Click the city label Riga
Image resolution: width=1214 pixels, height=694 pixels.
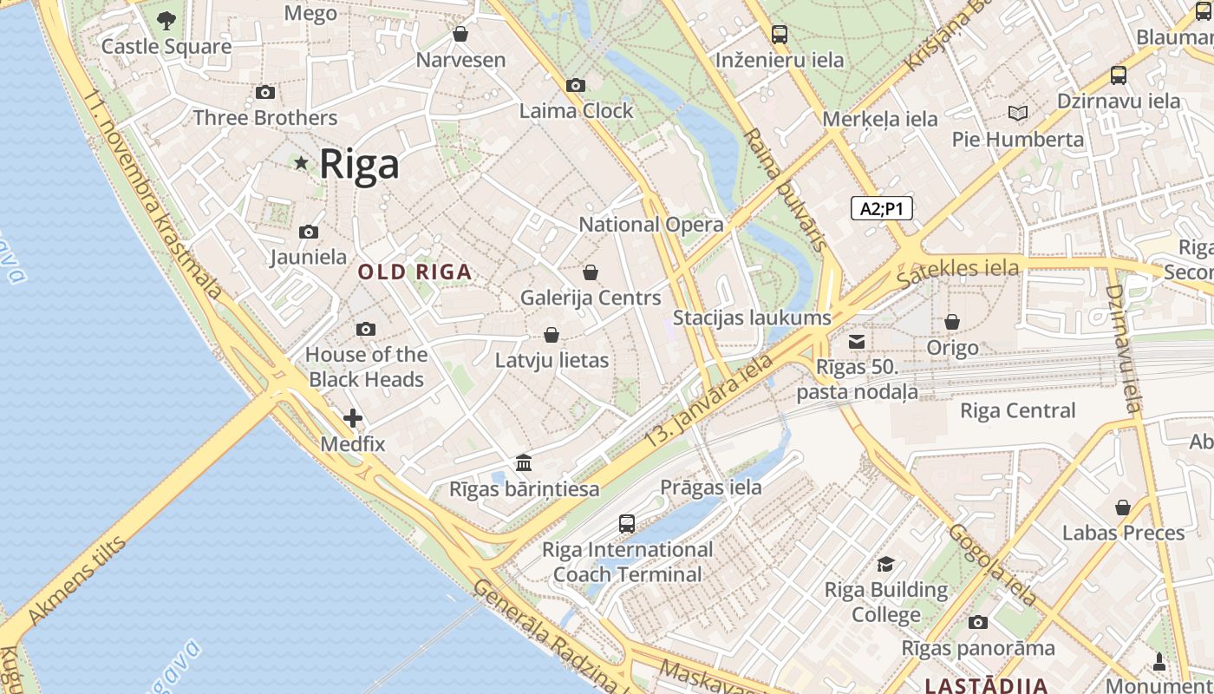coord(359,164)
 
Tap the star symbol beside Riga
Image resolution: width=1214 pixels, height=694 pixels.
coord(301,163)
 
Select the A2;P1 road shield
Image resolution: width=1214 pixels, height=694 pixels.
coord(881,208)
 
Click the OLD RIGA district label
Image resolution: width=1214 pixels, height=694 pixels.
coord(415,272)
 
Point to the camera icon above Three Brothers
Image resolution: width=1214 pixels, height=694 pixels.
coord(265,93)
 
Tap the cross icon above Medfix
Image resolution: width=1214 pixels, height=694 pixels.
coord(353,418)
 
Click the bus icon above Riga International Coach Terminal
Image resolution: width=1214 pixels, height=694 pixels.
coord(627,524)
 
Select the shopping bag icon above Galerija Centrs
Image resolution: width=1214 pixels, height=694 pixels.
coord(591,272)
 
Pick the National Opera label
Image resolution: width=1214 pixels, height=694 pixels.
coord(650,225)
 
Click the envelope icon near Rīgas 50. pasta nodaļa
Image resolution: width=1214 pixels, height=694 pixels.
coord(857,342)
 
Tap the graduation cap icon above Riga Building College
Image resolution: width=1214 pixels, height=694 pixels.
coord(885,565)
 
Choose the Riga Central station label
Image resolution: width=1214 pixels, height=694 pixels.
coord(1017,410)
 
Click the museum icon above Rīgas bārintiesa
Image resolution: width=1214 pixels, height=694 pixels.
coord(524,462)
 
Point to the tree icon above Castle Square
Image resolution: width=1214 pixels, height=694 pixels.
coord(166,20)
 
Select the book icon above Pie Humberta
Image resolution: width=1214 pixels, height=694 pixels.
coord(1018,114)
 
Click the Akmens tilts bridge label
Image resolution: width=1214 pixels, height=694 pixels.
coord(77,581)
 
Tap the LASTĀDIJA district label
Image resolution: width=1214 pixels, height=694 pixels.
coord(986,685)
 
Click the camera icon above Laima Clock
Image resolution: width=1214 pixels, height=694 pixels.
coord(576,85)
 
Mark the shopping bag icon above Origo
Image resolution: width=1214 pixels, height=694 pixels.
coord(952,322)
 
